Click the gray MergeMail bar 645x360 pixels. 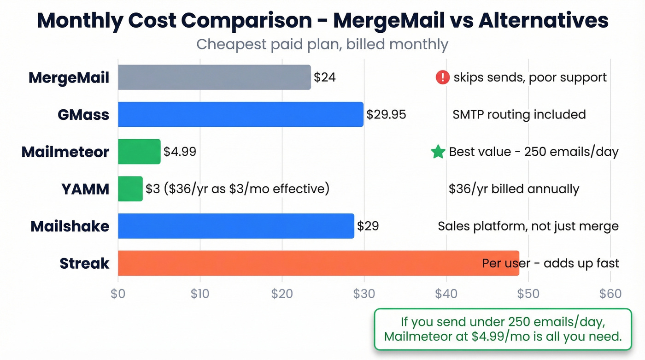214,77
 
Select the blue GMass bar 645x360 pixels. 240,114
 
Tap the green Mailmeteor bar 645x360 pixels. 139,152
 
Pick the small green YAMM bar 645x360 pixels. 130,189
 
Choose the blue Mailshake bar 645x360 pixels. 236,226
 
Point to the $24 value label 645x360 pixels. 325,77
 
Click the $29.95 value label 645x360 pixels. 386,114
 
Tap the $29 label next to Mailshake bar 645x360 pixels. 368,226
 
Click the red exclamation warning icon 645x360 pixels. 442,77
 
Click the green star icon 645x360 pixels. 438,152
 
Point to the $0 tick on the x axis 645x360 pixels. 118,294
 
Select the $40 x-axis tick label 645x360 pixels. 446,294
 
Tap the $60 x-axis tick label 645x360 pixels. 610,294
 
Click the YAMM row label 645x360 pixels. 85,189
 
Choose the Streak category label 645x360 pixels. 84,263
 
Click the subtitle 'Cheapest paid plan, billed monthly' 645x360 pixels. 322,45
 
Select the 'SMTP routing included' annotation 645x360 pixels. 519,114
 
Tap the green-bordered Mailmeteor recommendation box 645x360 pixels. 503,329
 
